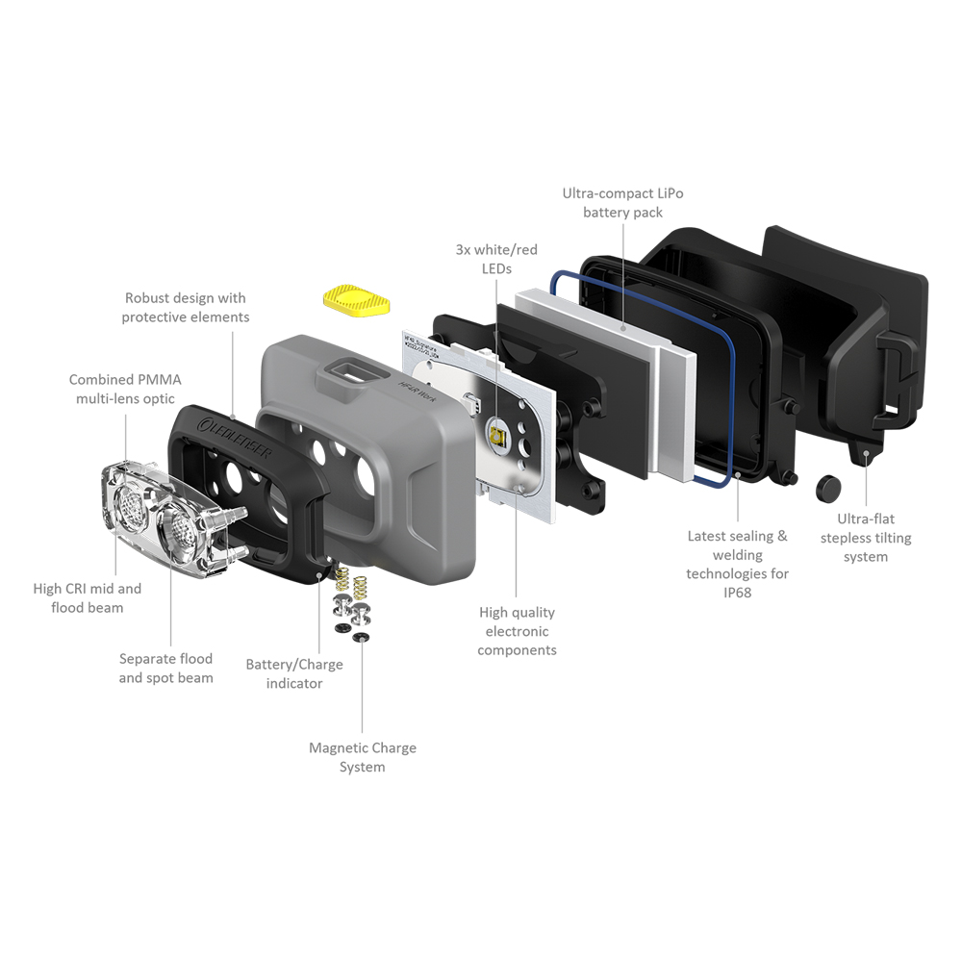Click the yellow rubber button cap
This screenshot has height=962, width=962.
pyautogui.click(x=357, y=300)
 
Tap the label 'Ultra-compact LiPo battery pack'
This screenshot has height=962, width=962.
pyautogui.click(x=622, y=203)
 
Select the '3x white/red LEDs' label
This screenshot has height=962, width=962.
pyautogui.click(x=496, y=259)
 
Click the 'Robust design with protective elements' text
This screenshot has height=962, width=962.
pyautogui.click(x=186, y=308)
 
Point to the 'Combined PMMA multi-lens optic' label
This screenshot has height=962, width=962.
pyautogui.click(x=125, y=389)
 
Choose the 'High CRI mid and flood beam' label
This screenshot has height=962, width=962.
pyautogui.click(x=88, y=598)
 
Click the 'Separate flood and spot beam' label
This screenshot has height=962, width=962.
pyautogui.click(x=165, y=669)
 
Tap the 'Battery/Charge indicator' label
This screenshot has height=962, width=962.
pyautogui.click(x=293, y=673)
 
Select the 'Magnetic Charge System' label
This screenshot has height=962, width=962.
pyautogui.click(x=362, y=757)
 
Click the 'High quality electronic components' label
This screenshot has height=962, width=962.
pyautogui.click(x=517, y=631)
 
